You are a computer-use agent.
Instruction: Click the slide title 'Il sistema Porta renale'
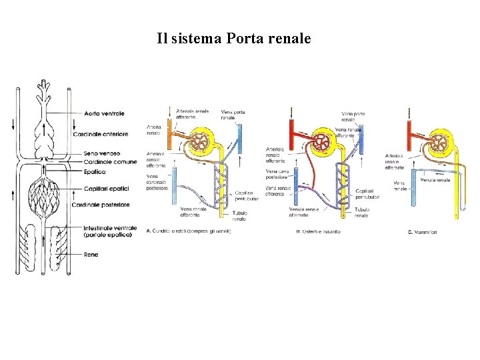[234, 39]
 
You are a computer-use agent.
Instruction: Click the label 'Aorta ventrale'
[105, 114]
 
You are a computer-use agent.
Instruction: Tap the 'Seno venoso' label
[102, 154]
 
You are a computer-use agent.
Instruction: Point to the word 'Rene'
[92, 254]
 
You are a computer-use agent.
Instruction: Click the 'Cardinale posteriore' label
[111, 205]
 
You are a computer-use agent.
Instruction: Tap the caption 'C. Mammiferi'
[423, 233]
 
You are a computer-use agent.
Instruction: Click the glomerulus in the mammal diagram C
[439, 144]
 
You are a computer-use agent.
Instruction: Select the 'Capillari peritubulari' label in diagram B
[369, 194]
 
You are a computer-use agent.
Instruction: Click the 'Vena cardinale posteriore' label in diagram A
[158, 182]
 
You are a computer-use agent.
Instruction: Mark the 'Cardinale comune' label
[111, 162]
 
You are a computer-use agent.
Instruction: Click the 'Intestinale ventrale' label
[111, 231]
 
